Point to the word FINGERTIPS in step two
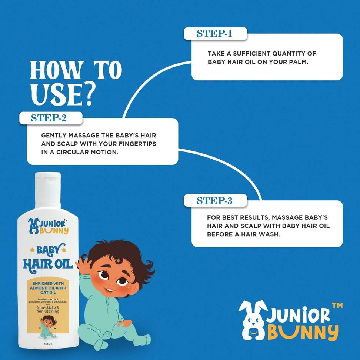tap(137, 144)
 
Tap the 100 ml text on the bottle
tap(48, 344)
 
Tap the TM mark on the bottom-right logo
tap(337, 305)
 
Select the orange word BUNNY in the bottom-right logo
tap(303, 332)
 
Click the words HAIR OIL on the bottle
tap(48, 264)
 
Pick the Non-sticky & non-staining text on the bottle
tap(48, 309)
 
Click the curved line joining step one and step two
tap(147, 79)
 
